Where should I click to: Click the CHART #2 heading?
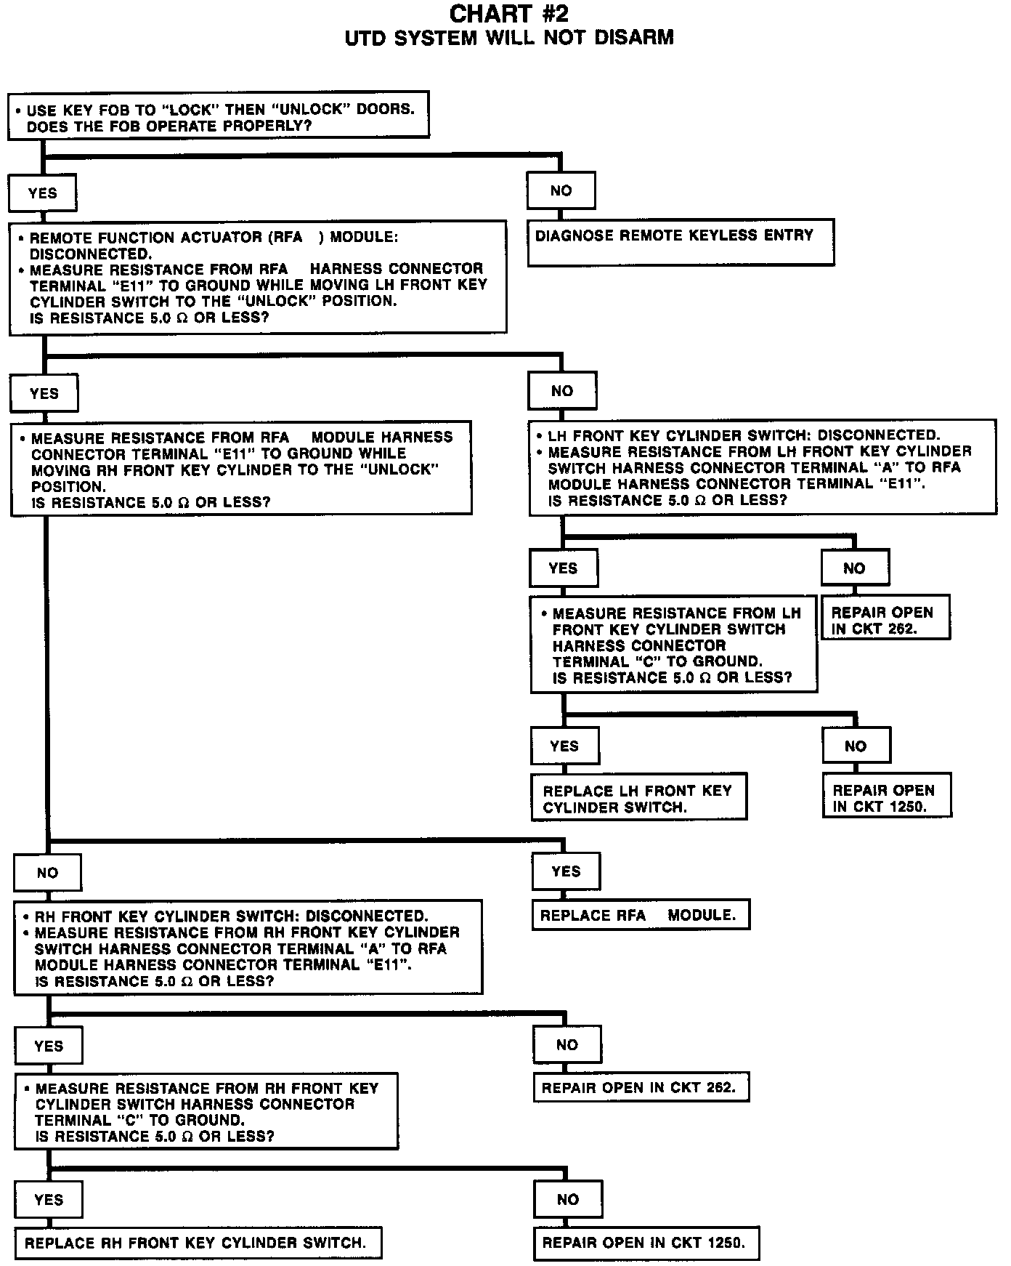click(508, 14)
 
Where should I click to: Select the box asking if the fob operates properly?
click(218, 115)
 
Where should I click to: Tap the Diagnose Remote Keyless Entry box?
click(681, 242)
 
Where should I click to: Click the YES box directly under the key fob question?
click(42, 193)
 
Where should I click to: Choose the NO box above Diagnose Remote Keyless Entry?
click(561, 191)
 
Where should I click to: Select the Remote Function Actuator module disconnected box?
click(258, 278)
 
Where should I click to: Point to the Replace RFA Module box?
click(640, 916)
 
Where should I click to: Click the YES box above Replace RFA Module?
click(566, 871)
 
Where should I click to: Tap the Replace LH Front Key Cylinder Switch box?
click(638, 799)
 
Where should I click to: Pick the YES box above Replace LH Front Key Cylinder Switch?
click(564, 746)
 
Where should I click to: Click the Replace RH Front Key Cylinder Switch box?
click(198, 1243)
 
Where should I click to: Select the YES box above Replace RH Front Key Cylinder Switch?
click(49, 1200)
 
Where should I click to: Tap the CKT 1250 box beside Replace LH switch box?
click(886, 798)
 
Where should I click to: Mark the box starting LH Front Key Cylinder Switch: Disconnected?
click(763, 468)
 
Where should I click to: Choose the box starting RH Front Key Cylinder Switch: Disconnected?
click(248, 948)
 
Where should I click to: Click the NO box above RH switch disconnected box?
click(47, 873)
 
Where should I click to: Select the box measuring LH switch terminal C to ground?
click(673, 645)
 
